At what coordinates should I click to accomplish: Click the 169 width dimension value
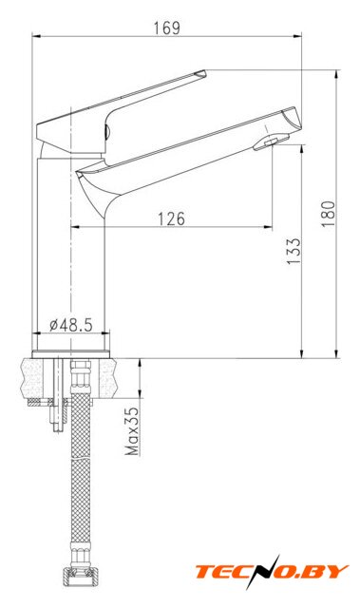(166, 28)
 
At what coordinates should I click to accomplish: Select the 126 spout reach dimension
(171, 218)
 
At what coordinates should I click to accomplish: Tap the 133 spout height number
(294, 251)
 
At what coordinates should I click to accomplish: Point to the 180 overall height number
(328, 213)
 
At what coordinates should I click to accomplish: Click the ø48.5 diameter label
(71, 325)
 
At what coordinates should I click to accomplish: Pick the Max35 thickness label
(132, 430)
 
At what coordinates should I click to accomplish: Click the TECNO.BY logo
(272, 572)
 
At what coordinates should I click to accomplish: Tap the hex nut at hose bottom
(80, 577)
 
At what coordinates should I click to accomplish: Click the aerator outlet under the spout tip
(271, 142)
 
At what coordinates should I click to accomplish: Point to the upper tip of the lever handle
(204, 71)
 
